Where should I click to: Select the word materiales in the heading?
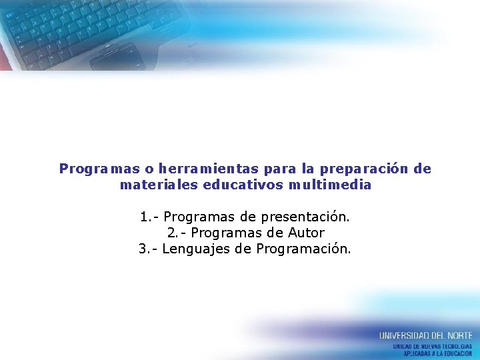pos(159,185)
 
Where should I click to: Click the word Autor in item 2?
pos(306,233)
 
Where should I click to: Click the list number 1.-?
pos(149,217)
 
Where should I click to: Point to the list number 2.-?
pos(177,233)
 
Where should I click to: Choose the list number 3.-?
pos(148,249)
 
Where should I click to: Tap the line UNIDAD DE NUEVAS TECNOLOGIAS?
pos(432,347)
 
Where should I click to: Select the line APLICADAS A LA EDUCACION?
pos(437,353)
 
